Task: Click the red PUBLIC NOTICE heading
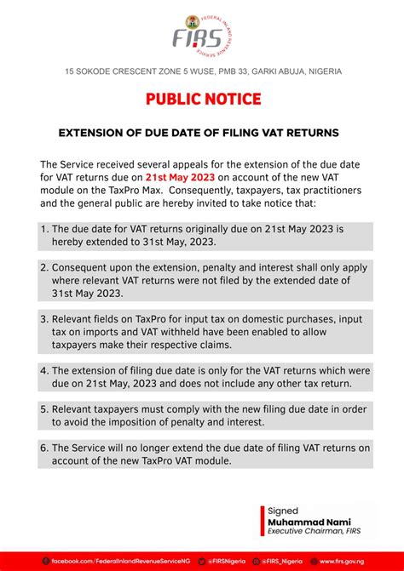[x=202, y=100]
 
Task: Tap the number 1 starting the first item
[x=43, y=229]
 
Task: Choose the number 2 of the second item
[x=43, y=266]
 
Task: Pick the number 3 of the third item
[x=43, y=317]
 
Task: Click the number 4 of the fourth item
[x=43, y=370]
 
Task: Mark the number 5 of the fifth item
[x=43, y=408]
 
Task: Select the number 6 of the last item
[x=43, y=448]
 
